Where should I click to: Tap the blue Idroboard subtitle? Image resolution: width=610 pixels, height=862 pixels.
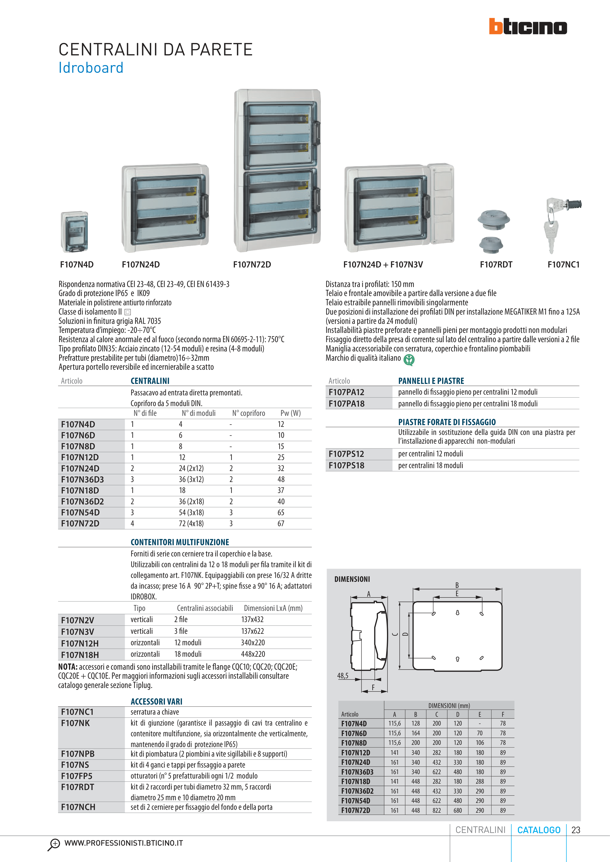pyautogui.click(x=91, y=68)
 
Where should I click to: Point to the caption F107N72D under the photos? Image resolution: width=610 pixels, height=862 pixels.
pyautogui.click(x=252, y=265)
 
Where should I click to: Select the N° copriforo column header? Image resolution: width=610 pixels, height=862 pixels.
pyautogui.click(x=248, y=413)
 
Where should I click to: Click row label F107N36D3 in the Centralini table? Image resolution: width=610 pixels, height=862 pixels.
pyautogui.click(x=82, y=479)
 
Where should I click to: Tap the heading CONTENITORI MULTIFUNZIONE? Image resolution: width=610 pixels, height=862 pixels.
pyautogui.click(x=180, y=542)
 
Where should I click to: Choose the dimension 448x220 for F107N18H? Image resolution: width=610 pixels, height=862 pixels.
pyautogui.click(x=253, y=654)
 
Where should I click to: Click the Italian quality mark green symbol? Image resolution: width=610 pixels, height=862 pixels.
pyautogui.click(x=409, y=360)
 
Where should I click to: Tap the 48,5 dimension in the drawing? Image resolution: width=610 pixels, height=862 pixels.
pyautogui.click(x=342, y=676)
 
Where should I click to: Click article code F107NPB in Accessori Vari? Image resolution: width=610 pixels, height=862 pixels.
pyautogui.click(x=78, y=754)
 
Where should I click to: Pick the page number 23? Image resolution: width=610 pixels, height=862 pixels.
pyautogui.click(x=575, y=830)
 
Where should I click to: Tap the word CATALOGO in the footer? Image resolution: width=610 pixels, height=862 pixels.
pyautogui.click(x=539, y=830)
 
